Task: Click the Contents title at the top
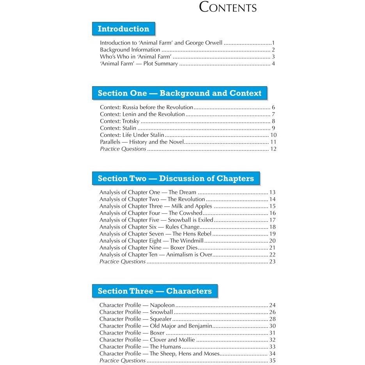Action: tap(228, 7)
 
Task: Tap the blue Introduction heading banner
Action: tap(123, 29)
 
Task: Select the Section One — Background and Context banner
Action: tap(179, 94)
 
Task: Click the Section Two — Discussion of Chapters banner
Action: tap(175, 179)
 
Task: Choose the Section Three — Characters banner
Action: tap(154, 291)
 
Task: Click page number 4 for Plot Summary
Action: tap(274, 64)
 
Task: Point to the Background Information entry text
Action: tap(130, 50)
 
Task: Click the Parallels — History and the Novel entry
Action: tap(142, 142)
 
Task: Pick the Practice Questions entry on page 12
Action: tap(123, 149)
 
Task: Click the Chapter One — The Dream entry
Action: tap(148, 192)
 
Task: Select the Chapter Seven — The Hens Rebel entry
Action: tap(155, 234)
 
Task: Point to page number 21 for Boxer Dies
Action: tap(272, 248)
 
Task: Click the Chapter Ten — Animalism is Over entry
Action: tap(156, 255)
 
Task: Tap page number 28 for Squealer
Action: tap(272, 319)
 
